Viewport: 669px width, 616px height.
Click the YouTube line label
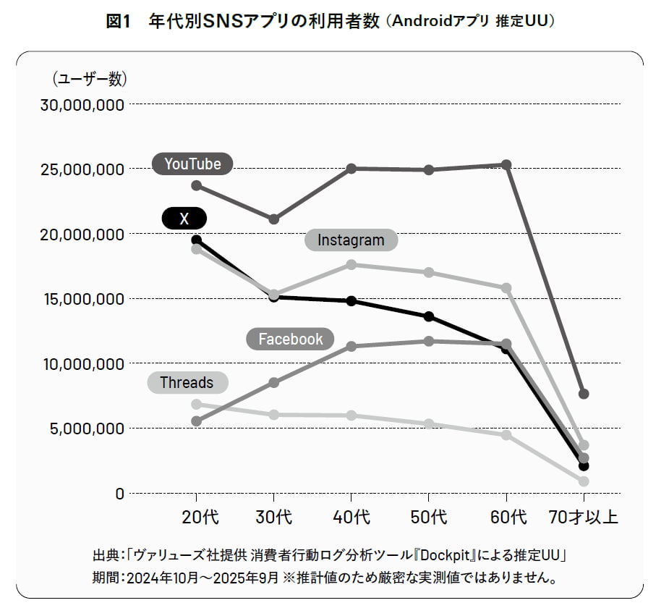192,164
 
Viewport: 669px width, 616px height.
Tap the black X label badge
184,218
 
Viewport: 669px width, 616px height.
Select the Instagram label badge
351,240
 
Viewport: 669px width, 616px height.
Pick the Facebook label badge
291,339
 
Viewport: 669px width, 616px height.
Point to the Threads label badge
187,382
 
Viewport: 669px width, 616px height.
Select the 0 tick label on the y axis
120,494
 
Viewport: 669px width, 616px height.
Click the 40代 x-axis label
351,518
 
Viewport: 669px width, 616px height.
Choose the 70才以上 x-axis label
583,518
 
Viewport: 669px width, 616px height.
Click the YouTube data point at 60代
506,165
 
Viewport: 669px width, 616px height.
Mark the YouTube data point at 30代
273,219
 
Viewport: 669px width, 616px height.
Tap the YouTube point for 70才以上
584,394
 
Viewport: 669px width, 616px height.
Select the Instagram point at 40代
351,265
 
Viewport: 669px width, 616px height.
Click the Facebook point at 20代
196,421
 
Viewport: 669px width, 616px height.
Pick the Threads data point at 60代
506,435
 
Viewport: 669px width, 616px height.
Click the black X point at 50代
429,316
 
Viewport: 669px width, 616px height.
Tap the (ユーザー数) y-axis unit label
90,78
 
